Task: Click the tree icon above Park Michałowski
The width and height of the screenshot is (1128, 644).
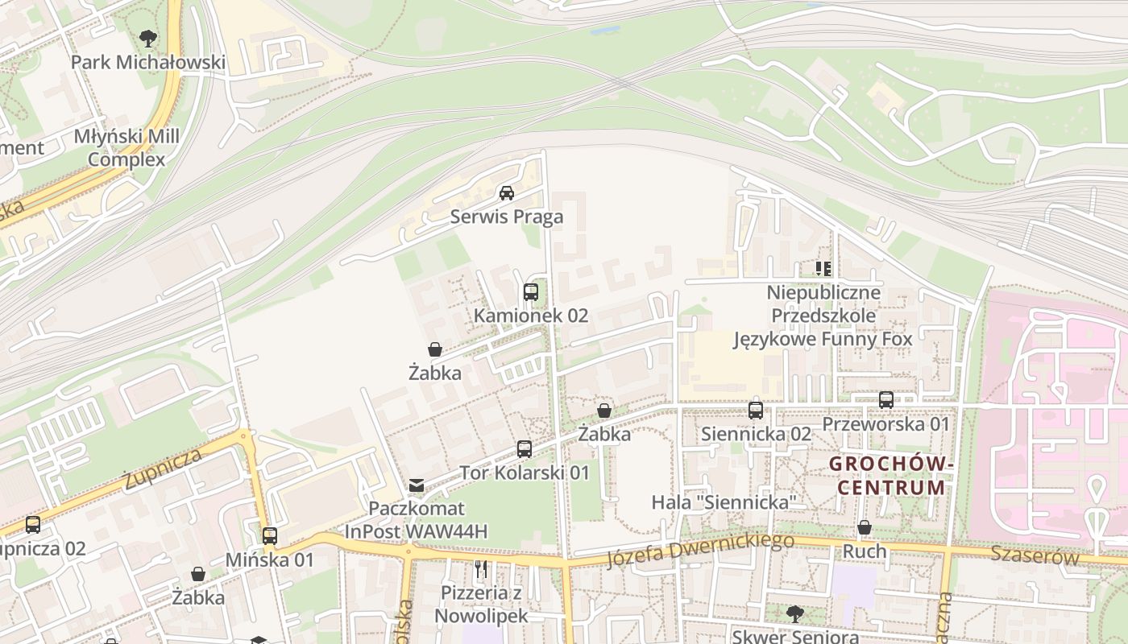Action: [147, 37]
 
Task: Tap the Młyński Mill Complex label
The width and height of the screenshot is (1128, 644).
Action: [126, 148]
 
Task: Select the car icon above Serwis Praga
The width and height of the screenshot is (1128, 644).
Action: [507, 192]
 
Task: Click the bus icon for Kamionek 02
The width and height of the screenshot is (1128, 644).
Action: [531, 291]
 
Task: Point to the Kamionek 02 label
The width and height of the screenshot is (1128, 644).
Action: [531, 316]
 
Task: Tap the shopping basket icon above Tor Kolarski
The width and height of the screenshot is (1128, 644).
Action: [604, 411]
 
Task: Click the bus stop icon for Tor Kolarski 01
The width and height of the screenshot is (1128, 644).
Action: [525, 448]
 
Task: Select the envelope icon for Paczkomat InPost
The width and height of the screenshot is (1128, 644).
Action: [417, 485]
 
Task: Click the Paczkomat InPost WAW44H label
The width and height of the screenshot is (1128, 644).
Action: [417, 520]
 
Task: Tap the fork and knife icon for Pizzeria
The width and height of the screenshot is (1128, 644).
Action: [481, 569]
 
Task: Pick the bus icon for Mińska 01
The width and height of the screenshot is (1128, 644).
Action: [270, 535]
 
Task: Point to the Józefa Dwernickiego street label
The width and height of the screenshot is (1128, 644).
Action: [699, 550]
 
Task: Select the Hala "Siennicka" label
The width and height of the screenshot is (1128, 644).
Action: [724, 503]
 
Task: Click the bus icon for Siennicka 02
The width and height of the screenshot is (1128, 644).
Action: [756, 410]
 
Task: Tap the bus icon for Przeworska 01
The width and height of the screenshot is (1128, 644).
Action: [886, 399]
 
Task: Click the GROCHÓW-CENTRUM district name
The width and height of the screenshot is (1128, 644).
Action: [892, 476]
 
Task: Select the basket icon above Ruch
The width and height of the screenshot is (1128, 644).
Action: [865, 527]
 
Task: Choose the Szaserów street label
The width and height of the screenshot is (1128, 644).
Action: [1035, 555]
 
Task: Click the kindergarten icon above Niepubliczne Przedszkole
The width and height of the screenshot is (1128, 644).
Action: [823, 268]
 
